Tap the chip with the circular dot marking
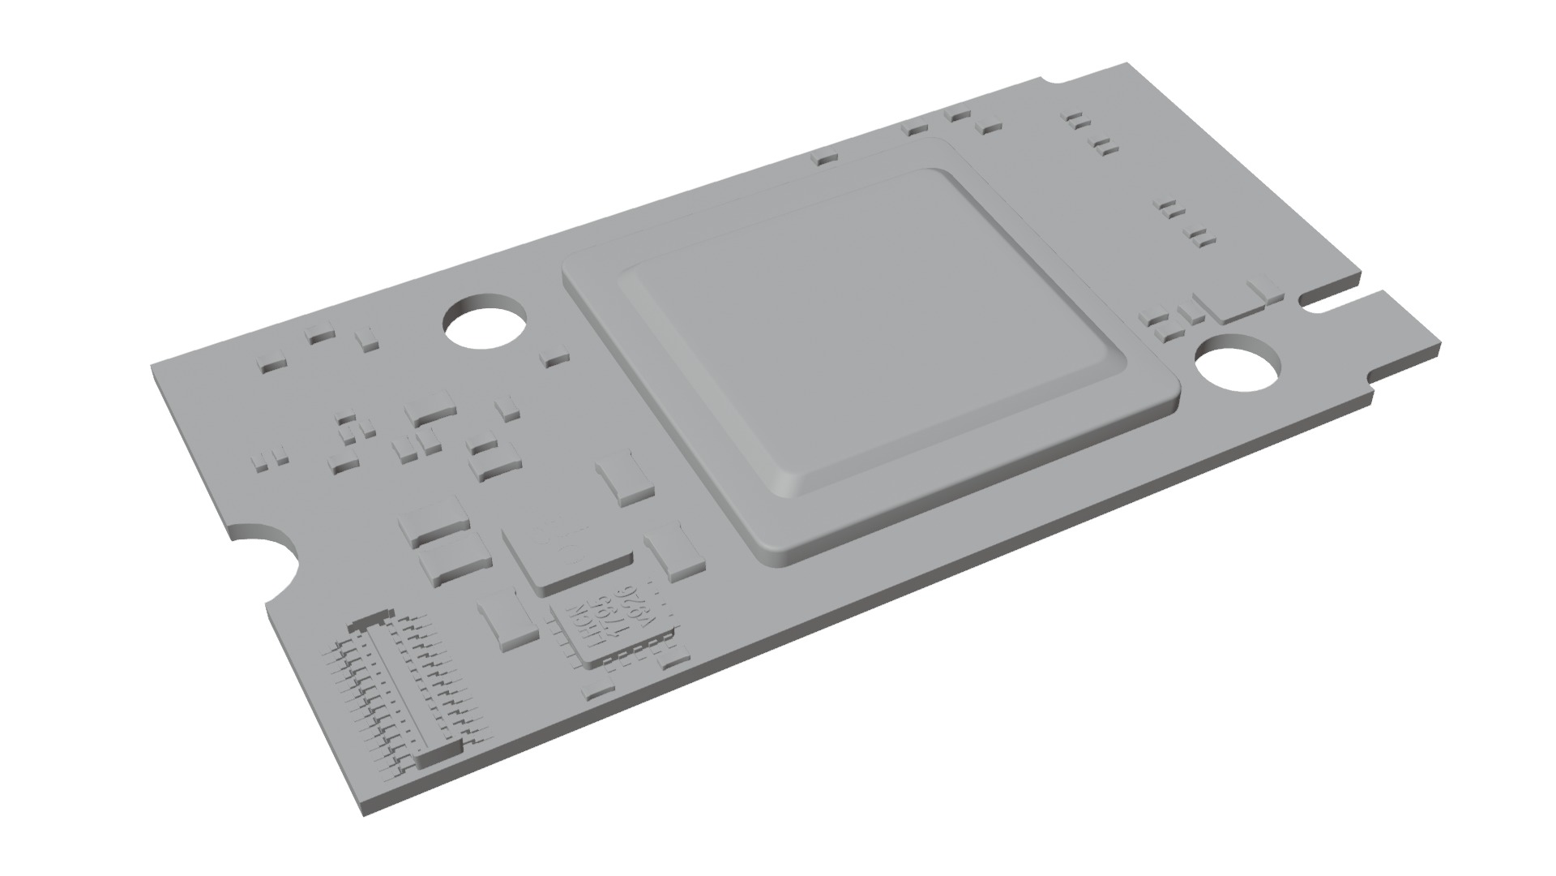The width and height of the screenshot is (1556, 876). point(567,556)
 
